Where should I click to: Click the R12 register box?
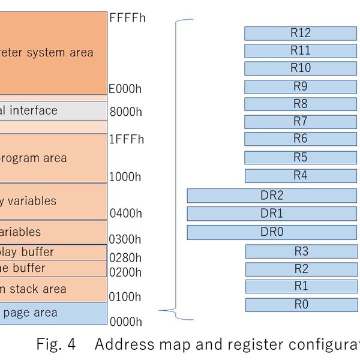(301, 33)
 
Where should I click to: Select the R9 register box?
(301, 86)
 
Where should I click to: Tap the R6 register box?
(301, 139)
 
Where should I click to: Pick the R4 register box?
(301, 176)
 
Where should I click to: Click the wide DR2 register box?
(272, 196)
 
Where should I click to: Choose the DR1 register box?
(272, 214)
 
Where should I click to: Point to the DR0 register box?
(272, 232)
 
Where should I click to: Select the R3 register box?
(301, 251)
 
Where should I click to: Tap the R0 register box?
(301, 305)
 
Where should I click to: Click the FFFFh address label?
(127, 18)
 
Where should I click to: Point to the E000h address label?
(125, 89)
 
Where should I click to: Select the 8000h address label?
(125, 112)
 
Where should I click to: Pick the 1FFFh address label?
(127, 140)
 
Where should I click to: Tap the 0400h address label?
(125, 213)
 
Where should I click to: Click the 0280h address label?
(125, 258)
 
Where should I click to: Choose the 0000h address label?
(125, 322)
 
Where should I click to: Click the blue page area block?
(53, 313)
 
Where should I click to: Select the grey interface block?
(53, 110)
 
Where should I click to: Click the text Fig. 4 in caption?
(56, 345)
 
